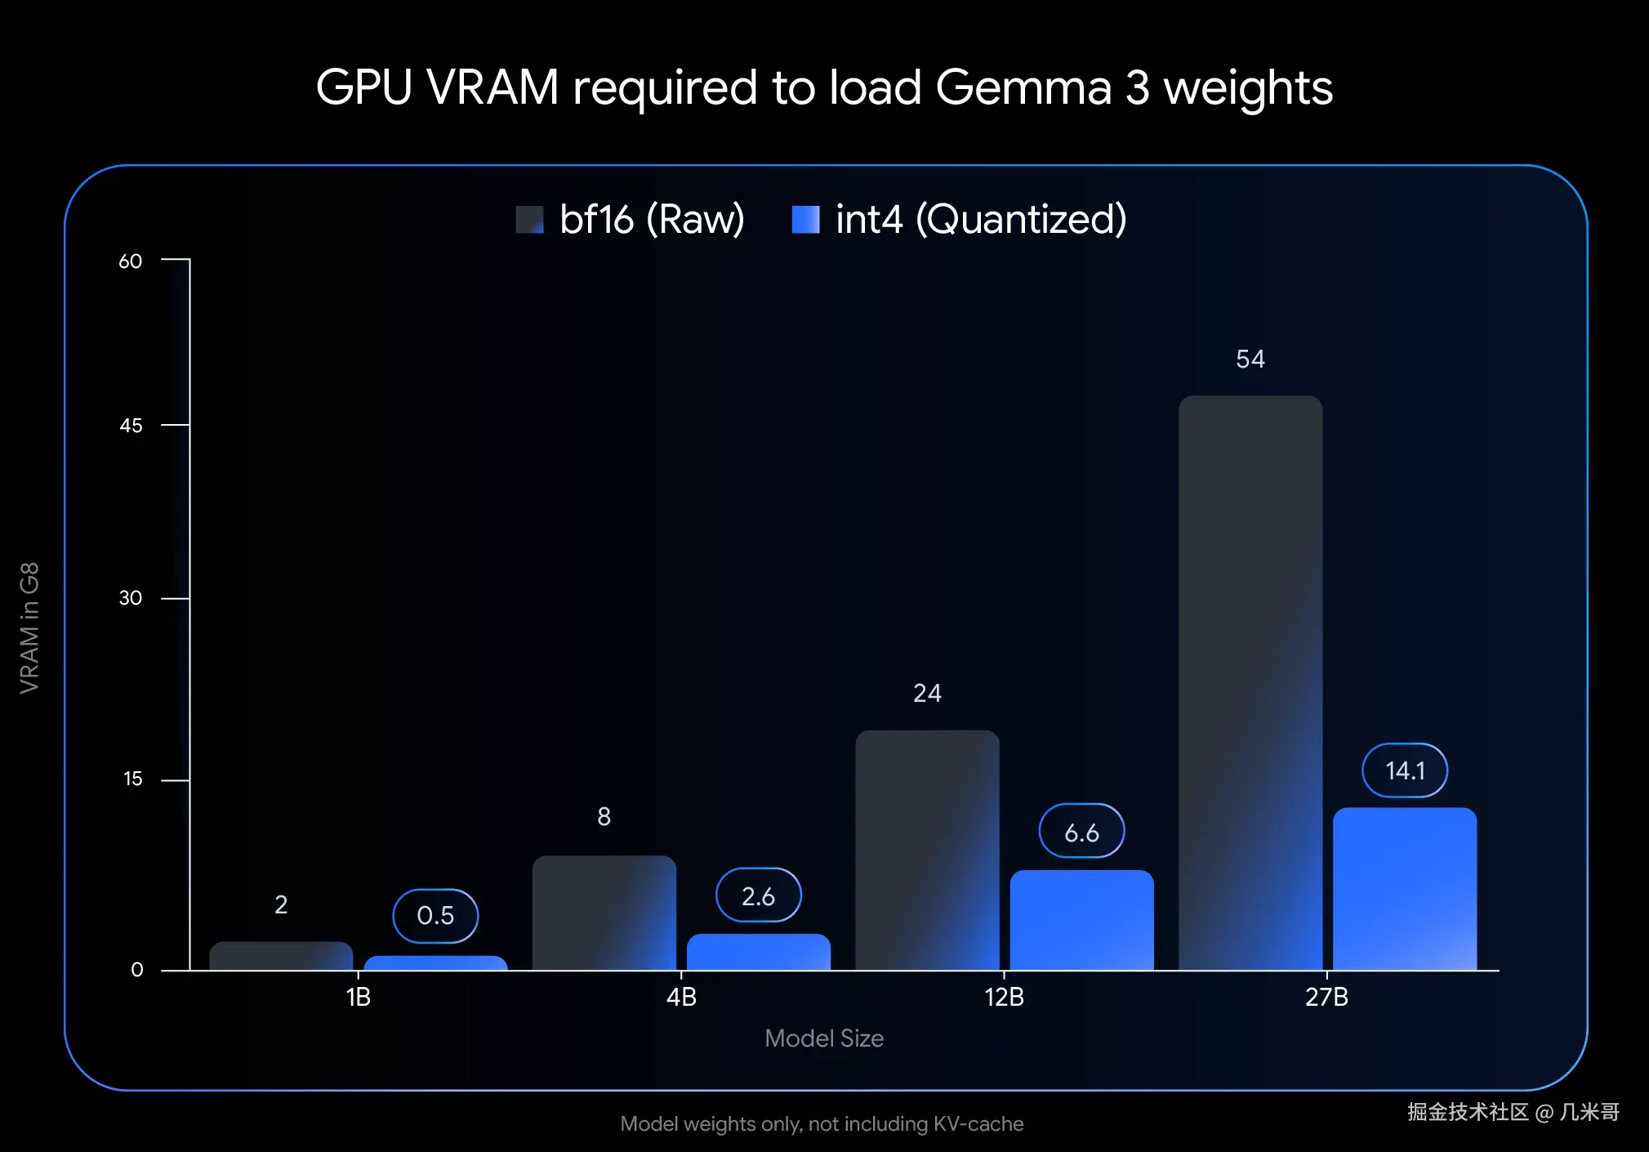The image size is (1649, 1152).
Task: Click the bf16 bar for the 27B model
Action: pyautogui.click(x=1250, y=682)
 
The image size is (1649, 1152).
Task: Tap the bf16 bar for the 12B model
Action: pyautogui.click(x=927, y=850)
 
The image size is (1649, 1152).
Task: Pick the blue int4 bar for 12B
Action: pyautogui.click(x=1081, y=920)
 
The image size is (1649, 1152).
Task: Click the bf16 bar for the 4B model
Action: pyautogui.click(x=604, y=913)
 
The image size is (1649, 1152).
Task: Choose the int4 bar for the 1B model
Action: pyautogui.click(x=435, y=962)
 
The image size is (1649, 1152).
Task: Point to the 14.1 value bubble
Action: pyautogui.click(x=1404, y=770)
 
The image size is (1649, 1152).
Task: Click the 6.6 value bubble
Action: pyautogui.click(x=1081, y=832)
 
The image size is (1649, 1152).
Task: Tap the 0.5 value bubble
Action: pyautogui.click(x=435, y=915)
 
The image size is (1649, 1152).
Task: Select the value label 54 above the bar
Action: pyautogui.click(x=1250, y=359)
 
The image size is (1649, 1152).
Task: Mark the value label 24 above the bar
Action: pyautogui.click(x=927, y=694)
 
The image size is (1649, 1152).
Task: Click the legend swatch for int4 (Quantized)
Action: pyautogui.click(x=805, y=220)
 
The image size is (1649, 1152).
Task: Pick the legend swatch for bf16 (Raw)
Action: pyautogui.click(x=529, y=220)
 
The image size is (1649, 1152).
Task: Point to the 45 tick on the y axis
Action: pyautogui.click(x=131, y=426)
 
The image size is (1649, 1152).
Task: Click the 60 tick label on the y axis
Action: pyautogui.click(x=131, y=261)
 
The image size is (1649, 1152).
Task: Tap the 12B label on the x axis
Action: pyautogui.click(x=1004, y=998)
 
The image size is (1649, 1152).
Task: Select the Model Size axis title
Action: pyautogui.click(x=823, y=1038)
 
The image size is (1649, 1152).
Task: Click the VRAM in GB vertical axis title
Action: pyautogui.click(x=29, y=627)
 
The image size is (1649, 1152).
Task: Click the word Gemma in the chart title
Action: pyautogui.click(x=1023, y=87)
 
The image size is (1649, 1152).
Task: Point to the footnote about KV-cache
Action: pyautogui.click(x=822, y=1124)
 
